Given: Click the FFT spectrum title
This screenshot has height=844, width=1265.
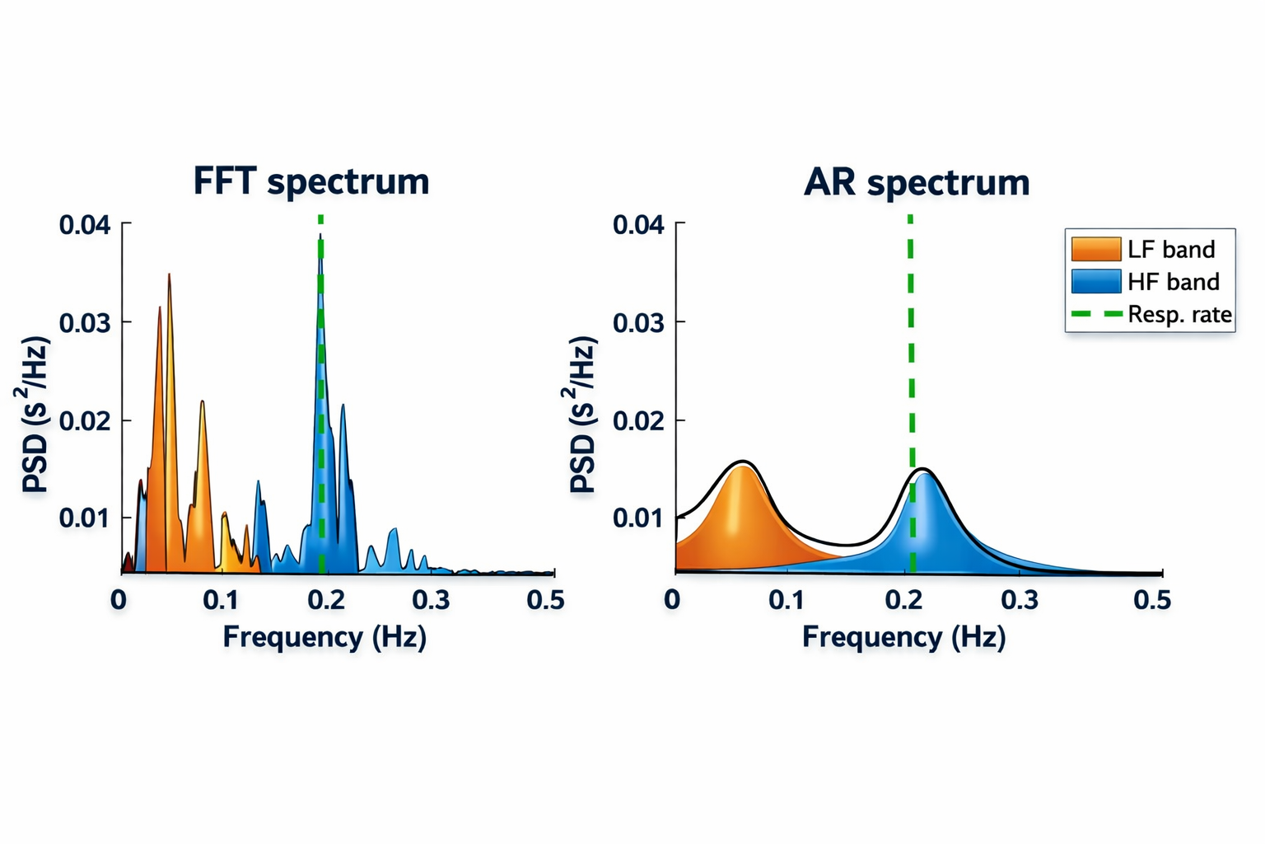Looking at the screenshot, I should (x=311, y=181).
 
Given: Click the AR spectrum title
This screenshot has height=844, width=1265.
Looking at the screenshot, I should (x=917, y=182).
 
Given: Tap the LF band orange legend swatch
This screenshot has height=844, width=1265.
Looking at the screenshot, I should (x=1095, y=249).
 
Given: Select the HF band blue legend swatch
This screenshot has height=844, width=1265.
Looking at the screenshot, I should (x=1095, y=282).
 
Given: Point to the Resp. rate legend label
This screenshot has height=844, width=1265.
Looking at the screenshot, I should (x=1179, y=315).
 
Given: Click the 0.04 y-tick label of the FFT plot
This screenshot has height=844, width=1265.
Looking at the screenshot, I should (x=85, y=224).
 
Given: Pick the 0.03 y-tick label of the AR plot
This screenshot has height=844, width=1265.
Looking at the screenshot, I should (x=638, y=322).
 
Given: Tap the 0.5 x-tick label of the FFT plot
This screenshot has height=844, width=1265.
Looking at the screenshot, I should (x=545, y=600).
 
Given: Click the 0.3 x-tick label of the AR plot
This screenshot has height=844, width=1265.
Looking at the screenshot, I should (x=1020, y=600).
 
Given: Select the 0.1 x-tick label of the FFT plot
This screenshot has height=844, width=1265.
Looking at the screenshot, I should (x=221, y=600).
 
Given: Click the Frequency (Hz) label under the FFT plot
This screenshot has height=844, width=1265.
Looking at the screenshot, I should (x=324, y=637).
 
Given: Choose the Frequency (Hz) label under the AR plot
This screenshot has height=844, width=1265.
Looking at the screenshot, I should (x=903, y=637).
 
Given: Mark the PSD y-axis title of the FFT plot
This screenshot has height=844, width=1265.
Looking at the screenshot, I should (x=35, y=414).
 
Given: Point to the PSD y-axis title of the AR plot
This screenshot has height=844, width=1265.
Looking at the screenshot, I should (x=582, y=414).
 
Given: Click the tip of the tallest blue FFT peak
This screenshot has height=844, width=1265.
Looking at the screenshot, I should (x=320, y=237).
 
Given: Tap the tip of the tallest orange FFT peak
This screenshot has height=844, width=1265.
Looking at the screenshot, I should (x=169, y=275).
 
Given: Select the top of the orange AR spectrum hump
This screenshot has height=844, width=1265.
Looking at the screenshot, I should (x=742, y=464).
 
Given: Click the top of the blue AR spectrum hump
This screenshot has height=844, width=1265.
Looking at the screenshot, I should (x=924, y=471).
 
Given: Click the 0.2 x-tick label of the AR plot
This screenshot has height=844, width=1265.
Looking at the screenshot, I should (x=904, y=600).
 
